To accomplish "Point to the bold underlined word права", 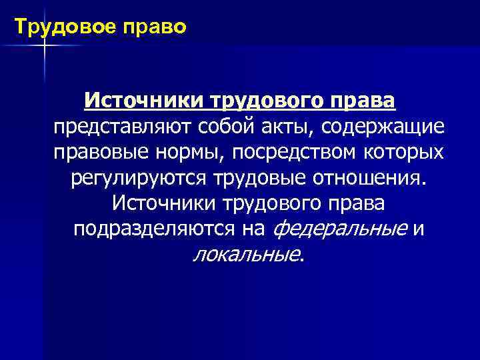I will tap(366, 102).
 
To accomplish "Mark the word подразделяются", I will tap(154, 229).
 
